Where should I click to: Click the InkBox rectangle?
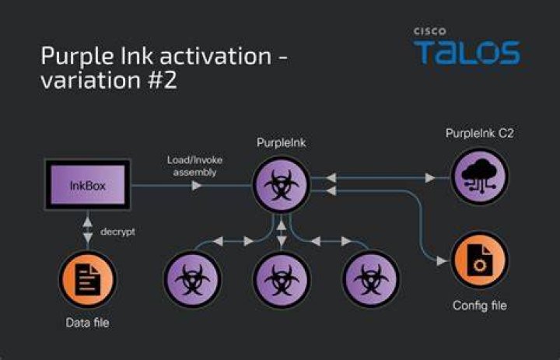tap(87, 184)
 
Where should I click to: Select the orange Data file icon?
tap(87, 280)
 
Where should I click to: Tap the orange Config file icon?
tap(480, 260)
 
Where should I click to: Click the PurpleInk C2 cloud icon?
tap(480, 176)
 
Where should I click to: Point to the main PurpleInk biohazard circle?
tap(282, 184)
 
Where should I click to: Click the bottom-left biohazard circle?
tap(192, 279)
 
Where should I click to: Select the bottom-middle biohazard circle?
tap(282, 279)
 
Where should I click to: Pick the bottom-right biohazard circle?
tap(371, 279)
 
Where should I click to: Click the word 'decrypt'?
tap(118, 232)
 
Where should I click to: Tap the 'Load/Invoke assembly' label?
tap(194, 166)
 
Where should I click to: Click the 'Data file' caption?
tap(87, 323)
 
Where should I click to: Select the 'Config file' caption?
tap(480, 306)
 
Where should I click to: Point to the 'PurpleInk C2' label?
tap(480, 134)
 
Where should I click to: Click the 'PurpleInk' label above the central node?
tap(282, 143)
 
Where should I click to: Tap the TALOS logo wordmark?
tap(467, 53)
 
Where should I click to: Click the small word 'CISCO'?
tap(430, 31)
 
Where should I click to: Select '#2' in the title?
tap(162, 80)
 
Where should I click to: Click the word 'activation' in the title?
tap(215, 56)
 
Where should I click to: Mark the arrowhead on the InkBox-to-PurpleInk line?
tap(197, 185)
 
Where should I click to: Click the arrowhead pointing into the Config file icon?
tap(442, 261)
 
